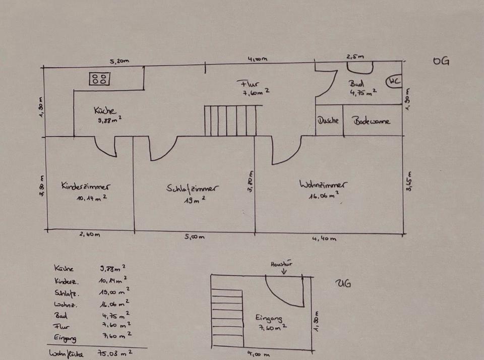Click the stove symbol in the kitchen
100,79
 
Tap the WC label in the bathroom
394,82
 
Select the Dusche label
329,121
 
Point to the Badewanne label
371,122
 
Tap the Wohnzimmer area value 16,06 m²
323,196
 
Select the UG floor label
343,283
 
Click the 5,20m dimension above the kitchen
119,61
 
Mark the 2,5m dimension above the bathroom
354,57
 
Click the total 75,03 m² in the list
116,353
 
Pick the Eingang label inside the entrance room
269,318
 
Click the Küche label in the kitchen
105,110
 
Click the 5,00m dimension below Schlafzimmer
194,237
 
